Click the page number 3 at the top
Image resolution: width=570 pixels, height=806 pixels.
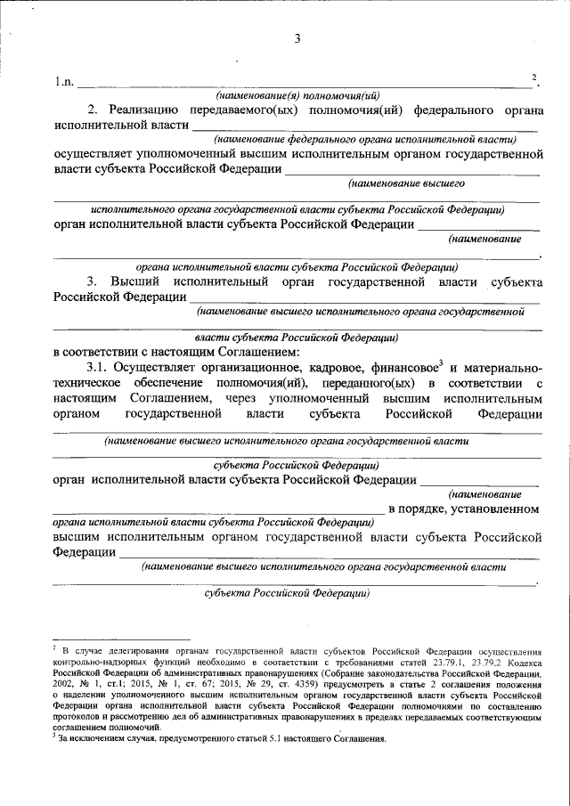[x=297, y=39]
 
